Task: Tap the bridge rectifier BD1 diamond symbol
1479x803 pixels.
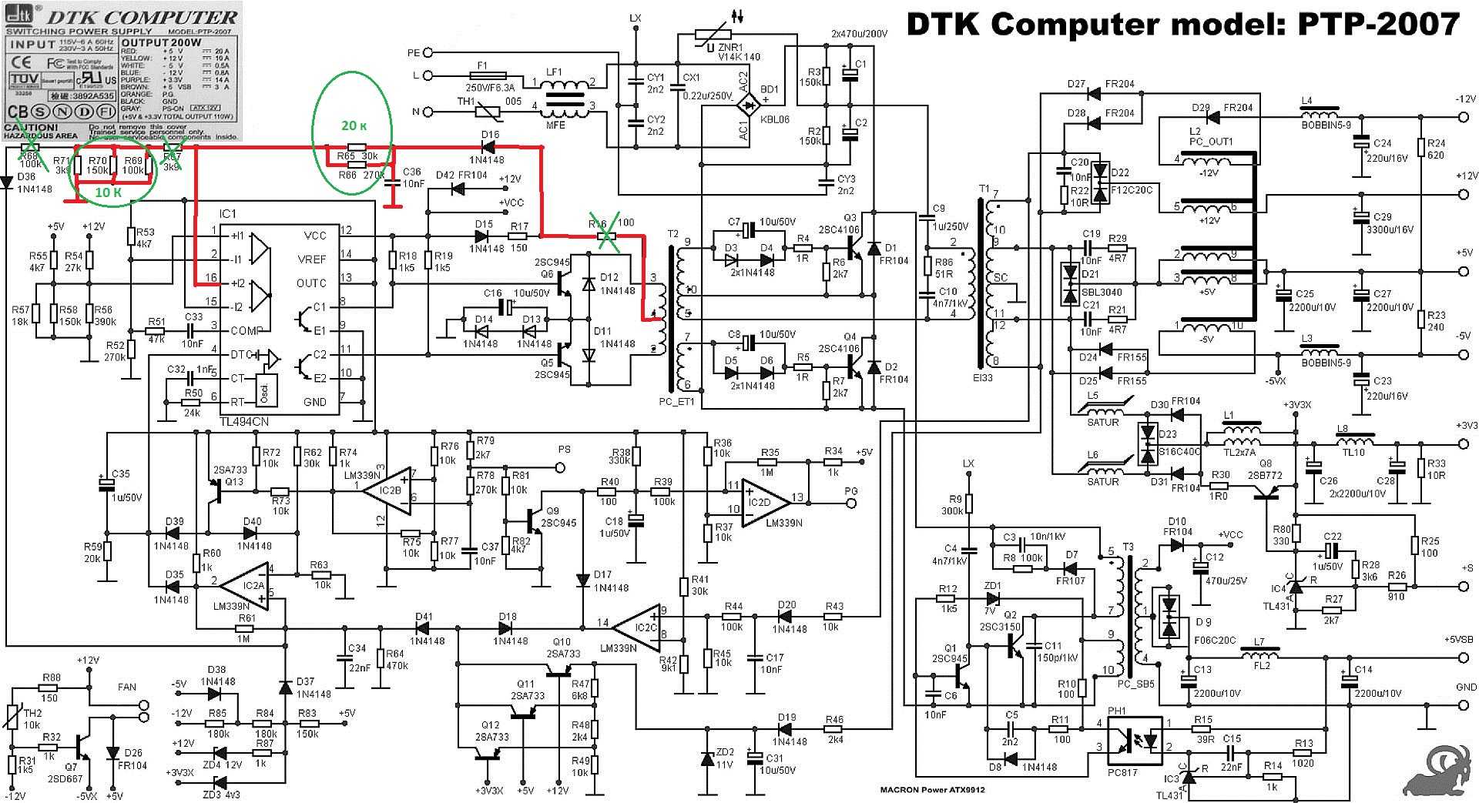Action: click(x=745, y=102)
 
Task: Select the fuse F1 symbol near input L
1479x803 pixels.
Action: click(x=481, y=79)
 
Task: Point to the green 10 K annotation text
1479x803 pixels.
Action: click(x=108, y=192)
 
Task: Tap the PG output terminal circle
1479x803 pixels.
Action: click(x=851, y=503)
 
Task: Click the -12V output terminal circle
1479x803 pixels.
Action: click(x=1464, y=117)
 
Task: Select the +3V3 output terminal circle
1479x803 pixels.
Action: click(x=1464, y=444)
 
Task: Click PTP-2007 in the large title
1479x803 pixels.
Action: click(x=1379, y=25)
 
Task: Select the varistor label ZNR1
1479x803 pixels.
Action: click(x=729, y=46)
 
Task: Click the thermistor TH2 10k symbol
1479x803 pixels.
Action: click(x=12, y=716)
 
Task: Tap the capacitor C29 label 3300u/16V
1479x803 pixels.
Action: click(x=1393, y=229)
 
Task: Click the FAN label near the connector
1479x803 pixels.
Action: click(x=126, y=687)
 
